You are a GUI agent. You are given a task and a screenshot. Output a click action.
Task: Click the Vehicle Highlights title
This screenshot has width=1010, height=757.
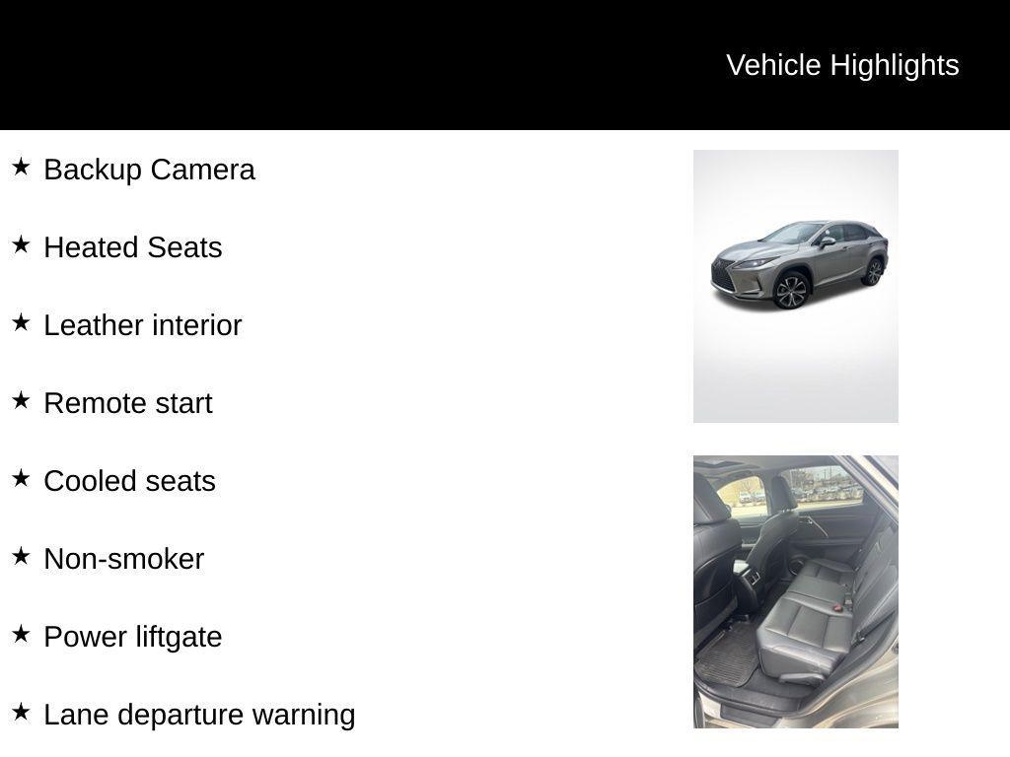point(842,66)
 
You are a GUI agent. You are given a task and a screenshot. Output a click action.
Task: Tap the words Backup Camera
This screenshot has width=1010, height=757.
point(150,170)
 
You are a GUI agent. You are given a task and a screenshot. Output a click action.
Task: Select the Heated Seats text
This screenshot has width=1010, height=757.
point(133,247)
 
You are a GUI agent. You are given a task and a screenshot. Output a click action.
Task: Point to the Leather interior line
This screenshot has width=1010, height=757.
point(143,325)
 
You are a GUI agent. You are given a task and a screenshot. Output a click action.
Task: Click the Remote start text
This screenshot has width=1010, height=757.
point(128,403)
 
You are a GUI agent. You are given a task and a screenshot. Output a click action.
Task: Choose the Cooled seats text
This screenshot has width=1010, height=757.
point(129,481)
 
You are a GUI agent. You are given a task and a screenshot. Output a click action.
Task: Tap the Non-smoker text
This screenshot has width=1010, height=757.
point(123,560)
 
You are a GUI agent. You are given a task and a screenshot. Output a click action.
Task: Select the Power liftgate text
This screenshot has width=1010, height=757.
point(133,638)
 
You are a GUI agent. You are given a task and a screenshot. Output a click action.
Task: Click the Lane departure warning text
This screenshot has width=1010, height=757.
point(199,716)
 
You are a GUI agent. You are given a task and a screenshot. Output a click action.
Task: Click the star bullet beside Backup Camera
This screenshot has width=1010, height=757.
point(21,167)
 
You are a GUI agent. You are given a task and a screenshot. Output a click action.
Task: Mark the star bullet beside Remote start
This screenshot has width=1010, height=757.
point(21,400)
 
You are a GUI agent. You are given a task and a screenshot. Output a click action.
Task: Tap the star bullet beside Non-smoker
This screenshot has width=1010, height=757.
point(21,556)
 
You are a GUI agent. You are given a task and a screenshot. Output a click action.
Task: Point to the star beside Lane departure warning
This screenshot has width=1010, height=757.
point(21,712)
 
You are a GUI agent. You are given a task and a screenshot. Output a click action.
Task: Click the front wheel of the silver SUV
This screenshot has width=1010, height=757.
point(792,291)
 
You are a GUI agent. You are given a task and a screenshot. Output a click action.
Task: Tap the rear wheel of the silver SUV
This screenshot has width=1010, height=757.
point(874,272)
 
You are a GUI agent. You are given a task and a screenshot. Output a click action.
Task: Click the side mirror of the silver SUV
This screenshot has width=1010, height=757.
point(827,242)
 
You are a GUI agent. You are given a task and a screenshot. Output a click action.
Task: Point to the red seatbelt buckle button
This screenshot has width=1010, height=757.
point(837,607)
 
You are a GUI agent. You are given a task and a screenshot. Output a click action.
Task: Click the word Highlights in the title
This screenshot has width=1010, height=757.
point(895,66)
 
